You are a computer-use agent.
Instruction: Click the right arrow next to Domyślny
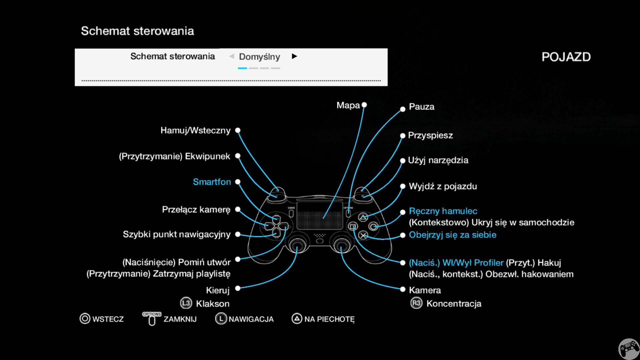click(x=294, y=56)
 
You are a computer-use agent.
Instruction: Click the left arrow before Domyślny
click(x=232, y=56)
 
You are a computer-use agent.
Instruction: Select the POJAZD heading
click(x=566, y=57)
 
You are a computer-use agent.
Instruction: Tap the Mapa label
click(x=348, y=105)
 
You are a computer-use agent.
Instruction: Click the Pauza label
click(x=422, y=107)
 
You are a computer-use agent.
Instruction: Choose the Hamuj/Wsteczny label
click(x=195, y=130)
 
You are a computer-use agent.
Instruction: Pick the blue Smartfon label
click(x=212, y=182)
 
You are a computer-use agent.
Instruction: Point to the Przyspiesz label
click(x=430, y=135)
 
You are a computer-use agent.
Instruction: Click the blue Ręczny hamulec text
click(x=443, y=211)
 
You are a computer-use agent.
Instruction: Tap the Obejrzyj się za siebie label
click(x=453, y=235)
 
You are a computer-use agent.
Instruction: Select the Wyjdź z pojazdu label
click(x=443, y=186)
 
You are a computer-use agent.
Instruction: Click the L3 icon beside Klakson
click(x=186, y=303)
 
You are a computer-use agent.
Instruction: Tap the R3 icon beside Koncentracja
click(x=416, y=303)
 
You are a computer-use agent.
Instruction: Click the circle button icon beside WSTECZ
click(x=85, y=319)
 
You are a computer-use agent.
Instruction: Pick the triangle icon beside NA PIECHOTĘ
click(x=297, y=319)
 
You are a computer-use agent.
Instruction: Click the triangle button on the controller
click(x=363, y=217)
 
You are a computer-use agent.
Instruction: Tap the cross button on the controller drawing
click(x=363, y=235)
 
